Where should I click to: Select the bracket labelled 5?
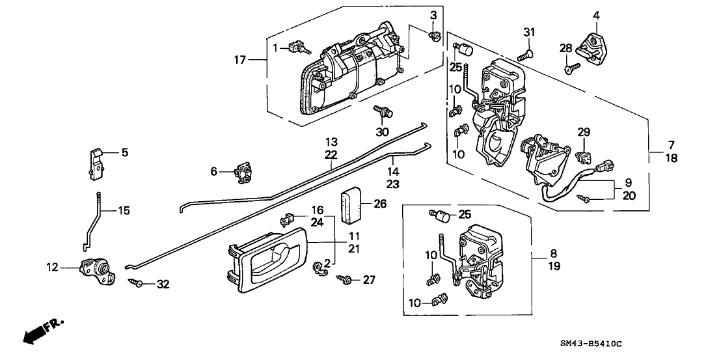click(x=96, y=163)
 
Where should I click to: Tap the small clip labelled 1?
click(x=299, y=47)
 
